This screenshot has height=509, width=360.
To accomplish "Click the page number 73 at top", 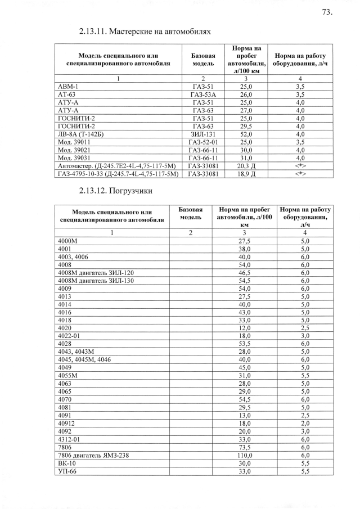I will [x=327, y=12].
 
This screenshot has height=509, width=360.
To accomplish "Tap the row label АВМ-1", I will [x=68, y=88].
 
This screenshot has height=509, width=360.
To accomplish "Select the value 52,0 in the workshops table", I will [x=246, y=134].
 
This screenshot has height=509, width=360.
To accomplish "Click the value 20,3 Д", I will [x=246, y=165].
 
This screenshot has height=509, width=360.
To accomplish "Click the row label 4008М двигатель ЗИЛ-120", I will [x=96, y=272].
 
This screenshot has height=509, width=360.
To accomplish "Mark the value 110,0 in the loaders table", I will [x=245, y=455].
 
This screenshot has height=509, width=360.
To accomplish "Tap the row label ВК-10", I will [x=67, y=463].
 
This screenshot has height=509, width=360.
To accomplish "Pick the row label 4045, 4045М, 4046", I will [x=84, y=359].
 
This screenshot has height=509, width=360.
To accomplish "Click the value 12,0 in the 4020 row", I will [x=245, y=327].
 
